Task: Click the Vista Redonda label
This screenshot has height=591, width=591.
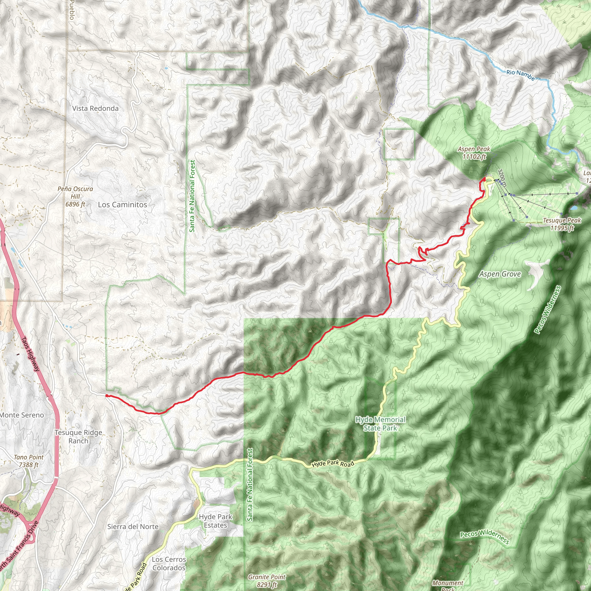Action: click(96, 108)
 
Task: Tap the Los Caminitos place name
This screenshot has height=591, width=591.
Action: click(122, 205)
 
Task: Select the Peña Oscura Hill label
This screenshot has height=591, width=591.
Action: click(75, 197)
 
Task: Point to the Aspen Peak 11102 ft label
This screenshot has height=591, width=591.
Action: click(474, 153)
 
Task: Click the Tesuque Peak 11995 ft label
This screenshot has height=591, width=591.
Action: click(562, 224)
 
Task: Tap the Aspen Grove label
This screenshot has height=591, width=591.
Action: click(500, 274)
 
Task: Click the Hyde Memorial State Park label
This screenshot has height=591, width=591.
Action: click(380, 424)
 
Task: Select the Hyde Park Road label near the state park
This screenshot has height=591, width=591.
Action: click(333, 464)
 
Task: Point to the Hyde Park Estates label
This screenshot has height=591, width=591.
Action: click(215, 521)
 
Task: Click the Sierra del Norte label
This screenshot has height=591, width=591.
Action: click(133, 526)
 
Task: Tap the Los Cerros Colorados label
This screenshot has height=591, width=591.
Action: click(169, 564)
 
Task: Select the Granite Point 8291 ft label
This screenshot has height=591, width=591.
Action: click(267, 581)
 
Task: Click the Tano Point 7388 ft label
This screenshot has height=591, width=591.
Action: click(29, 461)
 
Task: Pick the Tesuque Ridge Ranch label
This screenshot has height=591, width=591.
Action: click(78, 437)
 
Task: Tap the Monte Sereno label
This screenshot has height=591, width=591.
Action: click(22, 415)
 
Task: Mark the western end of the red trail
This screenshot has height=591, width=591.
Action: click(106, 396)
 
